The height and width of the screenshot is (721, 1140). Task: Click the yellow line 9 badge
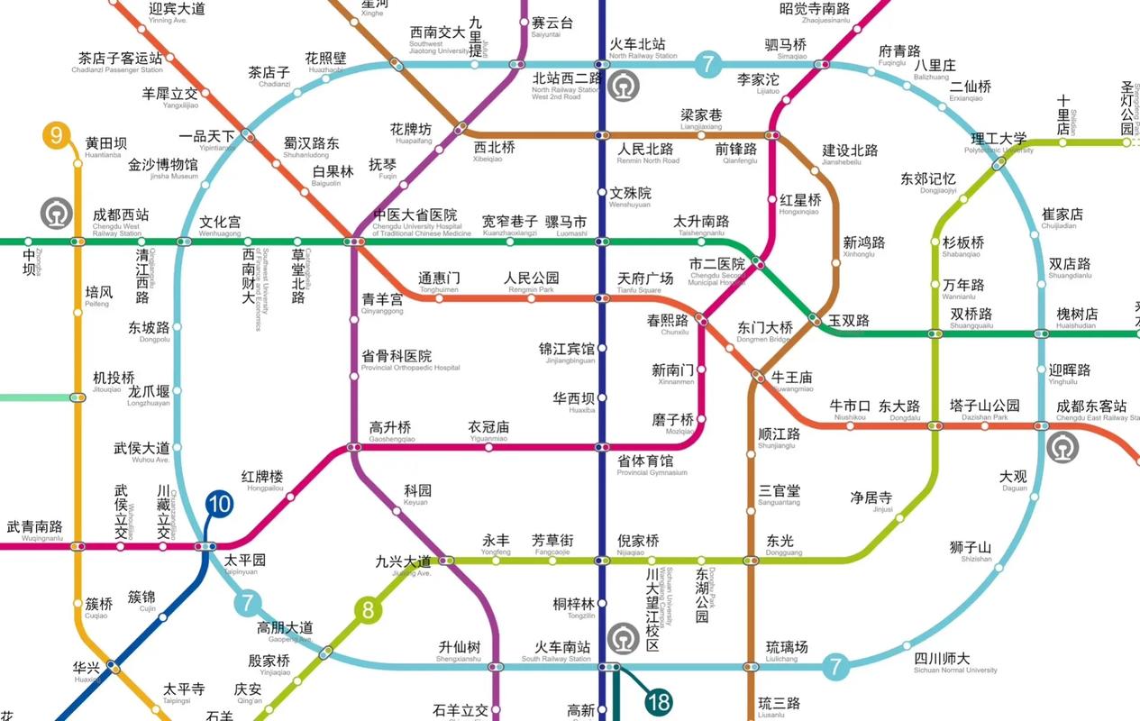click(57, 137)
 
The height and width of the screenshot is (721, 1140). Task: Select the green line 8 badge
click(368, 612)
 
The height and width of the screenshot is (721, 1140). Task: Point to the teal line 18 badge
click(659, 700)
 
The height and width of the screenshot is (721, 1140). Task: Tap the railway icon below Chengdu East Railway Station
click(1062, 447)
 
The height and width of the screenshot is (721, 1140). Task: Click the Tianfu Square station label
click(644, 283)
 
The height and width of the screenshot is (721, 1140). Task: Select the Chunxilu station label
click(668, 325)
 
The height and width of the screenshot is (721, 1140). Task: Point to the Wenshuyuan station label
click(630, 197)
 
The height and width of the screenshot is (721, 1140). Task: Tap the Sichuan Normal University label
click(955, 663)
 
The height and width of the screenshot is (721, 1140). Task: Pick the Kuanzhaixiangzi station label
click(509, 226)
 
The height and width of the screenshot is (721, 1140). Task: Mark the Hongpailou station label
click(262, 481)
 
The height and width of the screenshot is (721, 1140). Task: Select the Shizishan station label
click(970, 552)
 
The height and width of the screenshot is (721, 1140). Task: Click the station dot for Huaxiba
click(602, 397)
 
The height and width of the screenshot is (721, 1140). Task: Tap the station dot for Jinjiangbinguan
click(602, 348)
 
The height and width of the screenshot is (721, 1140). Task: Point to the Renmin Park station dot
click(531, 298)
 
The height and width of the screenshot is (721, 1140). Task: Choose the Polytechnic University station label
click(999, 143)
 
